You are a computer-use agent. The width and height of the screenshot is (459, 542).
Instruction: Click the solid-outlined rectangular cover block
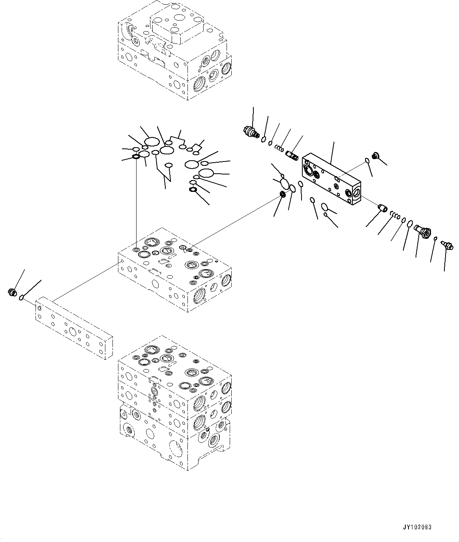click(x=331, y=179)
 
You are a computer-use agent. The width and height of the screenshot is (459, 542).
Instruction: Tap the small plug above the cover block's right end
click(x=376, y=156)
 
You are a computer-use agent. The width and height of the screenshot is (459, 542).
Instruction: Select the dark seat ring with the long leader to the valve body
click(x=283, y=194)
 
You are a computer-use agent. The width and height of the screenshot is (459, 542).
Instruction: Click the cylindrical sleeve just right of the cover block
click(x=382, y=208)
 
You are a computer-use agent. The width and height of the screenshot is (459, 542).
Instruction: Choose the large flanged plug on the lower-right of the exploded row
click(x=424, y=230)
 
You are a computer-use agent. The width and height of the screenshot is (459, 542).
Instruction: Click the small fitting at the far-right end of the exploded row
click(x=447, y=245)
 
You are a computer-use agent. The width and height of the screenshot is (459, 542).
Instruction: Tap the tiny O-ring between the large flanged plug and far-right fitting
click(x=435, y=238)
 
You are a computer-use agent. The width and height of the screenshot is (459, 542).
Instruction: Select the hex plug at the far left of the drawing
click(x=13, y=293)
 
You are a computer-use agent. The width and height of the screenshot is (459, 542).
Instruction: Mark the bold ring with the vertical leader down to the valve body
click(x=136, y=157)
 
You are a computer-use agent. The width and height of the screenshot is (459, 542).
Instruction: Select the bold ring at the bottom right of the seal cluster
click(x=193, y=190)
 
